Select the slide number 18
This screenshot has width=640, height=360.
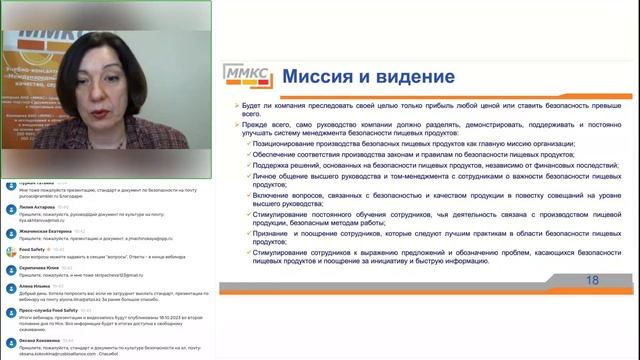(592, 281)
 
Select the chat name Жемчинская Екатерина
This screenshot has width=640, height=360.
(48, 230)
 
